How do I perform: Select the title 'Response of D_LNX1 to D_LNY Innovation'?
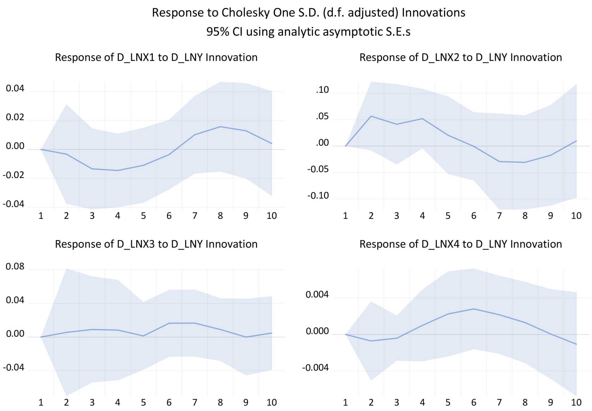click(x=156, y=57)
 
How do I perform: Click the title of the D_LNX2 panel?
click(x=461, y=57)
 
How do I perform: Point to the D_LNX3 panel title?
click(x=156, y=244)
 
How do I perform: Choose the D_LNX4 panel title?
click(x=461, y=244)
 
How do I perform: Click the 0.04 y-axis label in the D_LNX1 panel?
click(x=15, y=88)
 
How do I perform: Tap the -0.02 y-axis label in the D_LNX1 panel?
click(x=13, y=175)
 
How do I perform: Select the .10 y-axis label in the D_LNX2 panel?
click(x=322, y=90)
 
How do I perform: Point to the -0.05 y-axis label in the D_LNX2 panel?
click(x=318, y=169)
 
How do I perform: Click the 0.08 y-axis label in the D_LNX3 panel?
click(x=15, y=266)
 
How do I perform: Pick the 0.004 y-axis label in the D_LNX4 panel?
click(x=317, y=295)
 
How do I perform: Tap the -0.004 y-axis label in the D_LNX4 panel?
click(x=315, y=368)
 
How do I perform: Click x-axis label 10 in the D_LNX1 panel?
click(x=271, y=216)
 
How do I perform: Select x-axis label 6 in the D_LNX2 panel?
click(x=474, y=216)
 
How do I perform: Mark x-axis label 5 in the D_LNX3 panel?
click(x=143, y=402)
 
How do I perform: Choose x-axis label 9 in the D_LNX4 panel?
click(x=551, y=402)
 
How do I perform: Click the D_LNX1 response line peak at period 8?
click(x=220, y=127)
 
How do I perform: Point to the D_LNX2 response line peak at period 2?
click(x=371, y=116)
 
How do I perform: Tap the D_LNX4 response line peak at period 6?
click(x=474, y=309)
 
